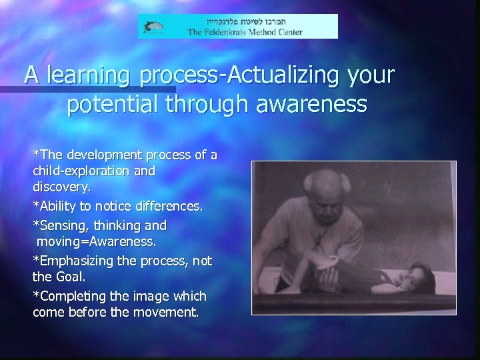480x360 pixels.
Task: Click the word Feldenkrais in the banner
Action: (231, 31)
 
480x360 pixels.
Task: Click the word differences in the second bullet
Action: (168, 207)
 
